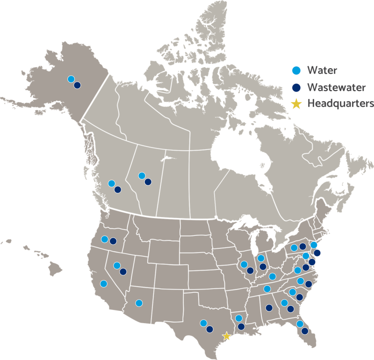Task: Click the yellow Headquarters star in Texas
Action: [x=227, y=336]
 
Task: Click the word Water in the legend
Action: [x=322, y=71]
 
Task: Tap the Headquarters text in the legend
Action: [x=340, y=104]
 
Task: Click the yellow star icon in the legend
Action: [x=296, y=104]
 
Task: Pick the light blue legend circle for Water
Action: [x=296, y=71]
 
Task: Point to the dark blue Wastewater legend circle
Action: [x=296, y=87]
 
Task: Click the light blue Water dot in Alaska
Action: [x=71, y=79]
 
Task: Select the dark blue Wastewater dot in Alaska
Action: [x=77, y=85]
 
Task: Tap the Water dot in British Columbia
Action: [x=111, y=184]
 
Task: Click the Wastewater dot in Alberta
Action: [x=148, y=182]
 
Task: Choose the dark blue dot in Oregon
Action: [x=113, y=241]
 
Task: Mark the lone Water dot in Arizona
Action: [x=139, y=303]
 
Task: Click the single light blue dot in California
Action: [x=103, y=283]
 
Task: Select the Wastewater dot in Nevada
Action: [x=123, y=272]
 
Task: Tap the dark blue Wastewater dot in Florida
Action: [x=304, y=331]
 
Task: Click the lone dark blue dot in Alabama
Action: [x=269, y=308]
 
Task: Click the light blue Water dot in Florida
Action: [x=300, y=324]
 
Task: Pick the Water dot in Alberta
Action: [x=142, y=176]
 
